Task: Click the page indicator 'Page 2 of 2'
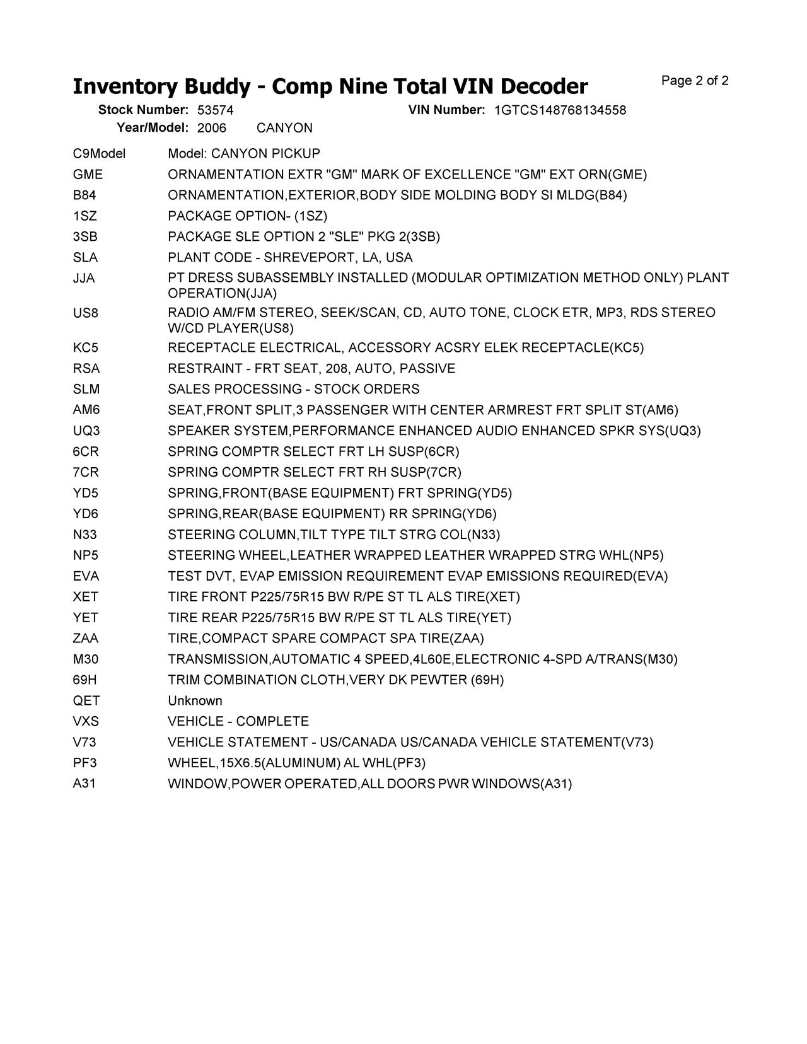(695, 81)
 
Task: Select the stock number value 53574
(215, 110)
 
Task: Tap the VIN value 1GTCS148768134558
(560, 110)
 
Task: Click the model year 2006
(211, 128)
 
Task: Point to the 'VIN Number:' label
(446, 110)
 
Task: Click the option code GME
(88, 175)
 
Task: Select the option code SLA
(85, 258)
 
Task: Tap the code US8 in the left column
(85, 313)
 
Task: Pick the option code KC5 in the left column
(85, 348)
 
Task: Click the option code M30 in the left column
(85, 659)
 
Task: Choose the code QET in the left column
(86, 701)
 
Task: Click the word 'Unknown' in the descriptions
(195, 701)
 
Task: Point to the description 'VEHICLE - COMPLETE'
(238, 722)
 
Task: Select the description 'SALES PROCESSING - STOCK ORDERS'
(293, 390)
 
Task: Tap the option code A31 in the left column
(84, 784)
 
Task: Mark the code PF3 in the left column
(84, 763)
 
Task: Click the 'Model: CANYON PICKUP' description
(244, 154)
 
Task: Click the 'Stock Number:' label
(143, 110)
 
